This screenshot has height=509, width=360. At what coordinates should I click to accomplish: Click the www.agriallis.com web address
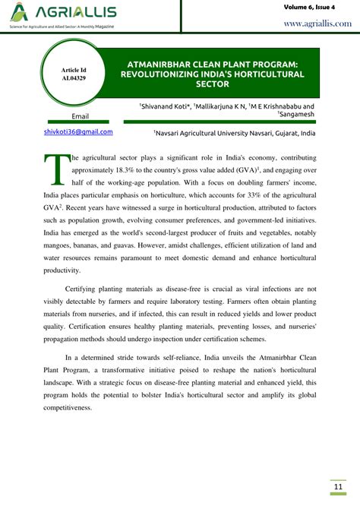(317, 24)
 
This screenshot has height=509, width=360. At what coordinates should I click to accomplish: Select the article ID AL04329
(74, 78)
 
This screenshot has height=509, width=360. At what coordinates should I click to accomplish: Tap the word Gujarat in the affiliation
(285, 132)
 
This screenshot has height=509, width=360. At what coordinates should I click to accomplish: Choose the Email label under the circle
(80, 116)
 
